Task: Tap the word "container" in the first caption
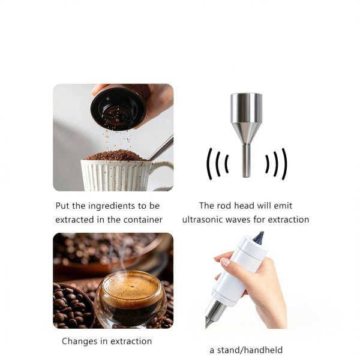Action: click(143, 220)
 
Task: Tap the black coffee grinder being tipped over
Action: click(118, 109)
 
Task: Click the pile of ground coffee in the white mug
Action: click(116, 155)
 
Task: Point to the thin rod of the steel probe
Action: click(246, 160)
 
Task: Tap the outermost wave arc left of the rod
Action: click(209, 164)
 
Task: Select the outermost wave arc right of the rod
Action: click(285, 164)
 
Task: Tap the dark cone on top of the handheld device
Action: click(259, 236)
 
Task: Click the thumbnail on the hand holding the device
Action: click(225, 262)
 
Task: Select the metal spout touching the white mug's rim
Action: click(160, 148)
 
